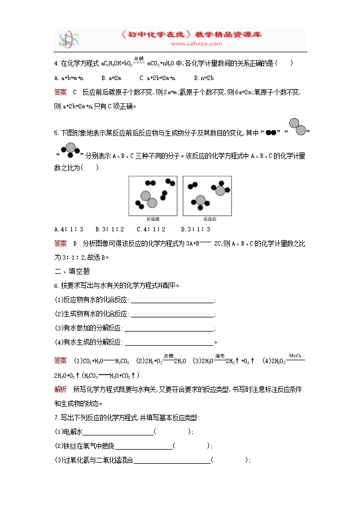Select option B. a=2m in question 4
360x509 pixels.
(111, 78)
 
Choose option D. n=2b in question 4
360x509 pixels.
(205, 78)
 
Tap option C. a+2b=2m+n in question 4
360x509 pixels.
(157, 78)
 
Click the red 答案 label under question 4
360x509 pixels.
(60, 91)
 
